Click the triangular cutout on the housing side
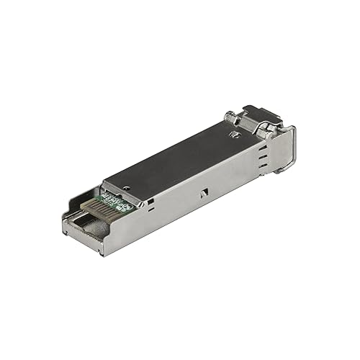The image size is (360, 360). pyautogui.click(x=204, y=192)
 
